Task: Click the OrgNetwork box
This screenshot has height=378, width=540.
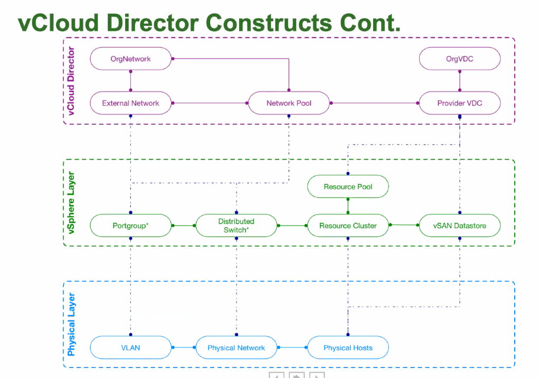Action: pos(130,59)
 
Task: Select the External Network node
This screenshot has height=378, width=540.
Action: pos(130,103)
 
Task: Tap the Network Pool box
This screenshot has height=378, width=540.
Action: pos(289,103)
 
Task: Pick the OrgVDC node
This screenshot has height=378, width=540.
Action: pos(459,59)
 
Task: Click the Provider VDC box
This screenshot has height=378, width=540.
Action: pos(459,103)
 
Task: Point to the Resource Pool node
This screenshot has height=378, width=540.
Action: pos(348,187)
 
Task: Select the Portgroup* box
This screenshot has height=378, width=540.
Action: pos(130,226)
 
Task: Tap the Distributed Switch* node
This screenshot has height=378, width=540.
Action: pos(236,226)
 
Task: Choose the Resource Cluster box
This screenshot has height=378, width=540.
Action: pos(348,226)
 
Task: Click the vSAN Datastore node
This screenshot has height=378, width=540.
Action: pos(459,226)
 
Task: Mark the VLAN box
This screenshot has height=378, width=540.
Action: pos(130,347)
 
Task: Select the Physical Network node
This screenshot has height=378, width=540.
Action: pos(236,347)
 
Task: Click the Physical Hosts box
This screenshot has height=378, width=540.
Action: pos(348,347)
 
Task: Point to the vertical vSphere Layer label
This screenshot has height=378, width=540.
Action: pos(71,203)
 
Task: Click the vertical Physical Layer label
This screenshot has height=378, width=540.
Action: pos(71,324)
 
